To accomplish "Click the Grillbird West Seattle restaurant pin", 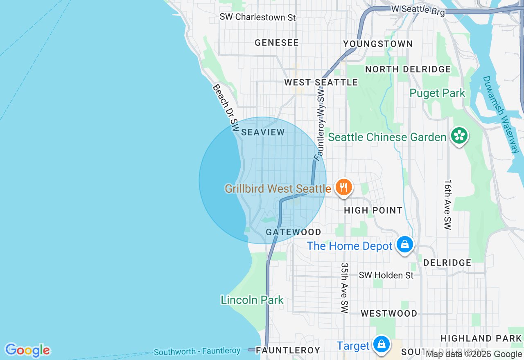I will pyautogui.click(x=344, y=187).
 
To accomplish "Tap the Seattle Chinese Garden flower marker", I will pyautogui.click(x=459, y=136).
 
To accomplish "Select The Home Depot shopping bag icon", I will pyautogui.click(x=404, y=245).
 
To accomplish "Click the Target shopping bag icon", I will pyautogui.click(x=381, y=344).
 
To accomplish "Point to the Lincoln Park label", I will pyautogui.click(x=252, y=300).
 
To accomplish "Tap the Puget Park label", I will pyautogui.click(x=437, y=93).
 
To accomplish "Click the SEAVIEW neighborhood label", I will pyautogui.click(x=263, y=132).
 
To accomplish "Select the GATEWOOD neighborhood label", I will pyautogui.click(x=294, y=232).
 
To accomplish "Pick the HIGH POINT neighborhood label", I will pyautogui.click(x=373, y=210).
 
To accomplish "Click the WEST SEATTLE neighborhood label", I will pyautogui.click(x=321, y=82).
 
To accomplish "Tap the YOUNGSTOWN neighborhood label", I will pyautogui.click(x=378, y=44).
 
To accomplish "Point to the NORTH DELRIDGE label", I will pyautogui.click(x=408, y=69).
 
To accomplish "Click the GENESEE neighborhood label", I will pyautogui.click(x=277, y=43).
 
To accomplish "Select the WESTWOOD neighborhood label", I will pyautogui.click(x=388, y=313).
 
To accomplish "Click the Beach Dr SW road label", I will pyautogui.click(x=226, y=107).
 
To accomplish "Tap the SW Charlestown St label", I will pyautogui.click(x=257, y=17).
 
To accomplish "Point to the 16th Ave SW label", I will pyautogui.click(x=447, y=205).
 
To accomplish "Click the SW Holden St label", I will pyautogui.click(x=386, y=275).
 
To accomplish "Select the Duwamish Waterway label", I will pyautogui.click(x=501, y=115).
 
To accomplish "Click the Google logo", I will pyautogui.click(x=27, y=350).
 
